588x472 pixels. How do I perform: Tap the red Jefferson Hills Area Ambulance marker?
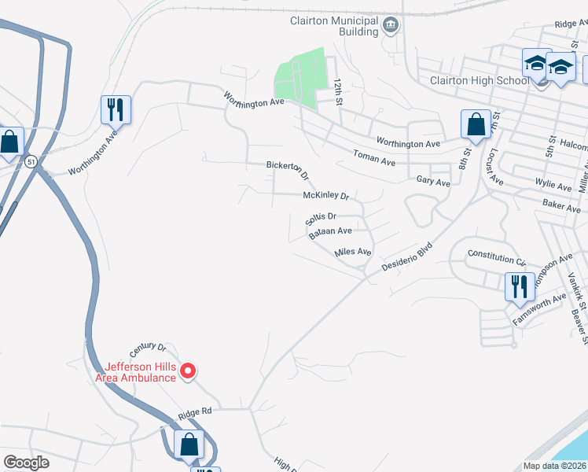188,371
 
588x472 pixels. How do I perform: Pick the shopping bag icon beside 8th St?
475,124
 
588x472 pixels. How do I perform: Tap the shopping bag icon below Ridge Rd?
189,444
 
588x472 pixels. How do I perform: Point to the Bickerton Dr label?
288,168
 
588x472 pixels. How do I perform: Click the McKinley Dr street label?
325,196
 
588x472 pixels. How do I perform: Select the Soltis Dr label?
322,216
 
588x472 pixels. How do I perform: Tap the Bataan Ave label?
330,231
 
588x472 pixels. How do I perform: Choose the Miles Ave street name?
352,252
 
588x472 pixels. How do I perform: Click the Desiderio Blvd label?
407,256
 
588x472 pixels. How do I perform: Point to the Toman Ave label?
374,159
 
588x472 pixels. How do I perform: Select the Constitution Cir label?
496,256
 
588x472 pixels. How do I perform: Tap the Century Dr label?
150,347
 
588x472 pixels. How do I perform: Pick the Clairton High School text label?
479,80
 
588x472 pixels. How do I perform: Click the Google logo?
26,463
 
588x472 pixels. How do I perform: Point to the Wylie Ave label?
554,186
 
